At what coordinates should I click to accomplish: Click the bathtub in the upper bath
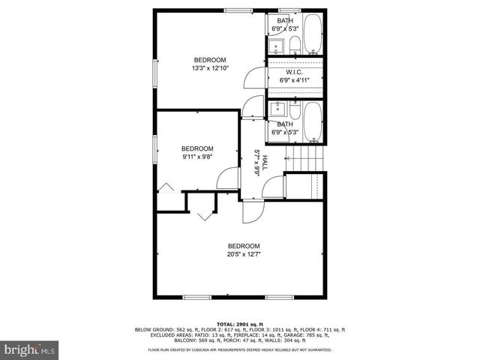point(313,34)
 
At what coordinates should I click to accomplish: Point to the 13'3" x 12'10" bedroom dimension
point(210,68)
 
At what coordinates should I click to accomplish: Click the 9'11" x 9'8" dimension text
point(198,157)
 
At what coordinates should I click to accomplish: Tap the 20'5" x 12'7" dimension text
point(244,254)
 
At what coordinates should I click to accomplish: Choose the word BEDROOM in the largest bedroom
point(244,246)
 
